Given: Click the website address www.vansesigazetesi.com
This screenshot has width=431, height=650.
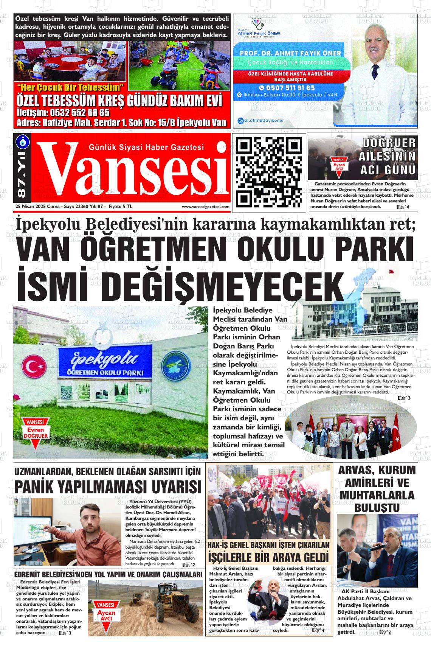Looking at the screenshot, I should (x=205, y=207).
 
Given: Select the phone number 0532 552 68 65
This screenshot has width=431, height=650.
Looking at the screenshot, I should (x=63, y=113).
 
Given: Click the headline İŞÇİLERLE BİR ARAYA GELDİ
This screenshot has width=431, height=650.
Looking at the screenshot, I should (x=268, y=557).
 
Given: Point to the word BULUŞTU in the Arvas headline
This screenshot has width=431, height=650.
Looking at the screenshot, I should (x=377, y=508).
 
